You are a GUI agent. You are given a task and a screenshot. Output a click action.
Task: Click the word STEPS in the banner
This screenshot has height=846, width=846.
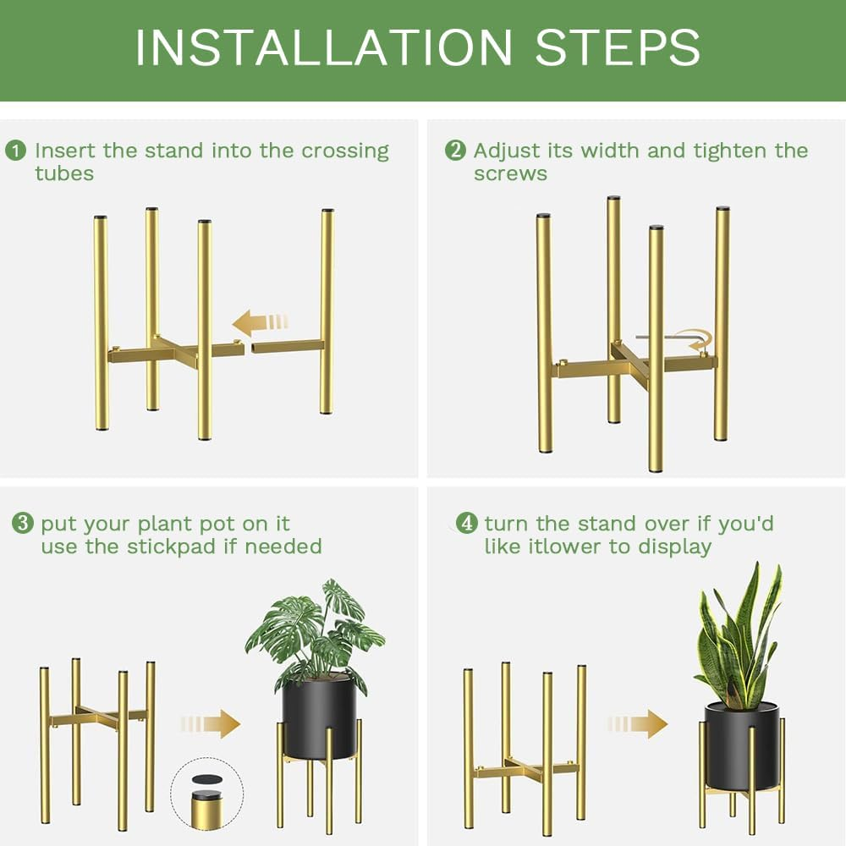618,47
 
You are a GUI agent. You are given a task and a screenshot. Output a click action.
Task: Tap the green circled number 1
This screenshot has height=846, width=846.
15,151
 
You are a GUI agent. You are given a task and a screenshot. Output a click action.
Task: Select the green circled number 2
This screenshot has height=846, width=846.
455,151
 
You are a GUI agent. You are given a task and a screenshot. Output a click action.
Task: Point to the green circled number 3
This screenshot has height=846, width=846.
22,524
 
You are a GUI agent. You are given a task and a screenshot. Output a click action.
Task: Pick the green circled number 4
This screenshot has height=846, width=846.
466,524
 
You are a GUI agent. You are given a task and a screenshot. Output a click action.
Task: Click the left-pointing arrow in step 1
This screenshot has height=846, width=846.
260,322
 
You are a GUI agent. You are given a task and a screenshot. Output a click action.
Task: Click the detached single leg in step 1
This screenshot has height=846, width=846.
326,313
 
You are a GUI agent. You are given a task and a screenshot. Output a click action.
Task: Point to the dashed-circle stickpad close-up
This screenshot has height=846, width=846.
206,794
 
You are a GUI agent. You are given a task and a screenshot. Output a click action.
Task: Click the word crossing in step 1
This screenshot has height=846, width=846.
345,151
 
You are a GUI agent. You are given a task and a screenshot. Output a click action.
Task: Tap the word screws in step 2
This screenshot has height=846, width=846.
510,174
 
